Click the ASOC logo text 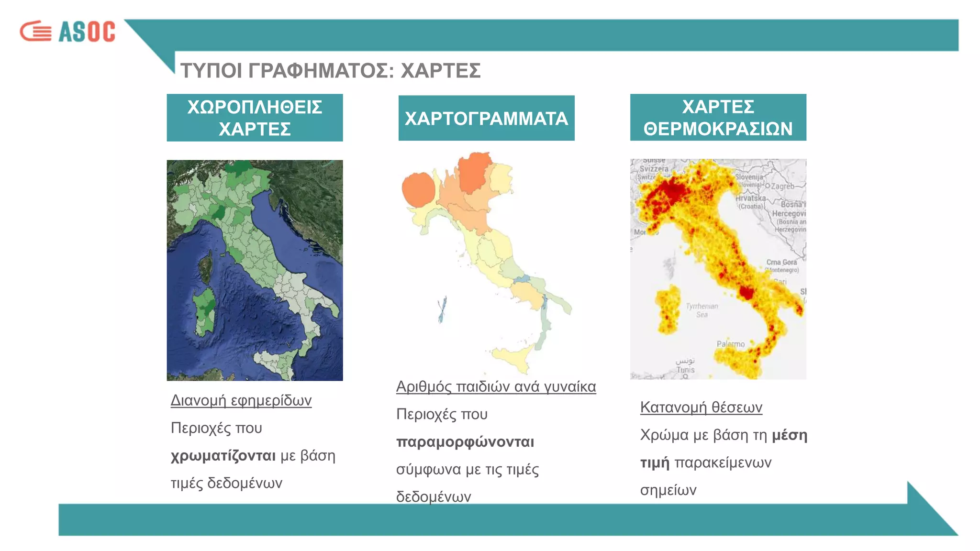87,32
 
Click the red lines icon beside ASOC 35,32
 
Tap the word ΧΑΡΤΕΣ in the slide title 440,71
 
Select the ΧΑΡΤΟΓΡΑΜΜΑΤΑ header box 486,118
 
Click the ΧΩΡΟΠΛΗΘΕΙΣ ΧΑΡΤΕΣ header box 255,118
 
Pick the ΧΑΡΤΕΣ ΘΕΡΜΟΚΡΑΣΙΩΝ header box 718,118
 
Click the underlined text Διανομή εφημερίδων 241,400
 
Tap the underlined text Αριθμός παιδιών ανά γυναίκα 496,386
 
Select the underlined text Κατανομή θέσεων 701,407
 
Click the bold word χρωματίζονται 223,455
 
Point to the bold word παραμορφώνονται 465,441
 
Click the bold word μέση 790,435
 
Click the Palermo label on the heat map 730,344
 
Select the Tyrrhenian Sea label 702,310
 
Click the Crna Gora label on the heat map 781,262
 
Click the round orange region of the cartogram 418,190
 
